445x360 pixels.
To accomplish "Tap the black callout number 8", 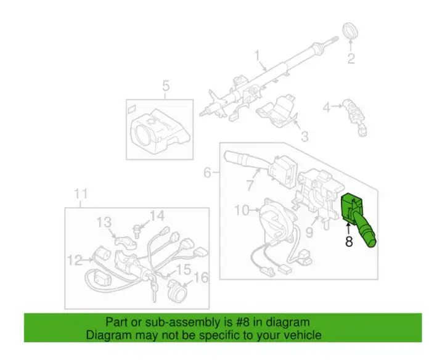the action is pos(349,242).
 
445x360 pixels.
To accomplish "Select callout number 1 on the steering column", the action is pos(258,56).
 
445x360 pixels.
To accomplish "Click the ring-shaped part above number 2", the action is pos(351,31).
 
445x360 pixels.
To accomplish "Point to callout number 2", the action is pos(351,59).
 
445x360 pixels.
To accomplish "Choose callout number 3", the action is pos(304,136).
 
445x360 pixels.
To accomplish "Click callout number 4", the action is pos(327,107).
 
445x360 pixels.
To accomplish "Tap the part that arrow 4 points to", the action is pos(355,117).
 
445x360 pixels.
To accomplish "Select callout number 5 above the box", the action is pos(166,86).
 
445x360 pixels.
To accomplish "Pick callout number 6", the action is pos(208,173).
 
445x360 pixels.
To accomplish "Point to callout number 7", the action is pos(250,185).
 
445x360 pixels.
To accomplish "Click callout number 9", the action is pos(309,232).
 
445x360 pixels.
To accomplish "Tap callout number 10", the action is pos(242,211).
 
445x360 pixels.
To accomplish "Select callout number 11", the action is pos(81,194).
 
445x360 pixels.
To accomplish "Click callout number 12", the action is pos(75,260).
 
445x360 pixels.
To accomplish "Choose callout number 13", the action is pos(104,223).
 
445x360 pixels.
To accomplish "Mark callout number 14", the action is pos(157,216).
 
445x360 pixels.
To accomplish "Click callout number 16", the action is pos(201,277).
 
